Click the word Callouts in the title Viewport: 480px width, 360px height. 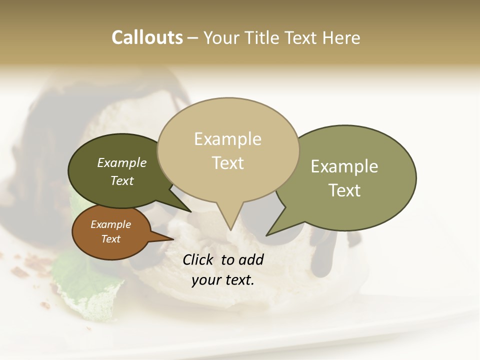(x=147, y=37)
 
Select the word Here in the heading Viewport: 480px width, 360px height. (x=342, y=38)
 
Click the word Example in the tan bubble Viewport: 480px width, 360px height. (x=227, y=139)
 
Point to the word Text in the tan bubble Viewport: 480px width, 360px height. (x=228, y=163)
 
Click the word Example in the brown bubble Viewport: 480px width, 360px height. (x=110, y=224)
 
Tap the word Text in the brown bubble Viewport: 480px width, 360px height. (x=110, y=239)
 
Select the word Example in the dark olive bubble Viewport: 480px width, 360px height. (x=121, y=163)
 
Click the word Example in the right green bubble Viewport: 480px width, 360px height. (x=344, y=166)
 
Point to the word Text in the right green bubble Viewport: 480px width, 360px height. (x=344, y=190)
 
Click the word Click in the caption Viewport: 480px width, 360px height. (x=199, y=259)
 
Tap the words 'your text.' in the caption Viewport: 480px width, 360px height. (x=222, y=280)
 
